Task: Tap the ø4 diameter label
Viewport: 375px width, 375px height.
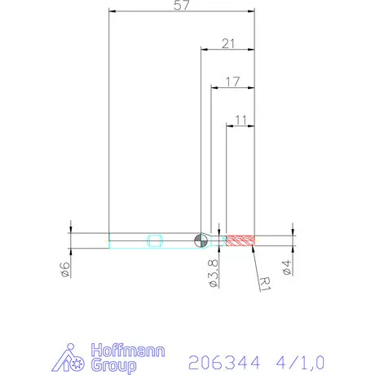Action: tap(286, 268)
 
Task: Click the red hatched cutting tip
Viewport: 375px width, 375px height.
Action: tap(240, 240)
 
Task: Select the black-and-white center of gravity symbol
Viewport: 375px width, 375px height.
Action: tap(201, 240)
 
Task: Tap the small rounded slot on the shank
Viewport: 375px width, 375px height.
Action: tap(156, 240)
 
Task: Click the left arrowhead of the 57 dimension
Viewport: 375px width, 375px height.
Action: tap(112, 12)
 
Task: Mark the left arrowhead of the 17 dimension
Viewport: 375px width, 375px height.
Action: tap(214, 88)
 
